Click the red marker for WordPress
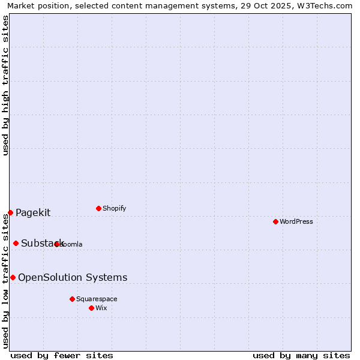pyautogui.click(x=275, y=221)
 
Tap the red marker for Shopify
pyautogui.click(x=98, y=208)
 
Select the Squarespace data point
pyautogui.click(x=72, y=299)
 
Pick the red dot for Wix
pyautogui.click(x=91, y=308)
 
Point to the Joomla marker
pyautogui.click(x=57, y=244)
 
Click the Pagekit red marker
pyautogui.click(x=10, y=212)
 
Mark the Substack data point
pyautogui.click(x=16, y=243)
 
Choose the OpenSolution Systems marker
pyautogui.click(x=13, y=277)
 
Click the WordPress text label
pyautogui.click(x=296, y=221)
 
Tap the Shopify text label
pyautogui.click(x=114, y=208)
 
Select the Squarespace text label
pyautogui.click(x=97, y=299)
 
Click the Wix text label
pyautogui.click(x=101, y=308)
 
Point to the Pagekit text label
pyautogui.click(x=33, y=212)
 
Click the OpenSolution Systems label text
pyautogui.click(x=73, y=277)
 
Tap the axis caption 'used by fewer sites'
pyautogui.click(x=62, y=355)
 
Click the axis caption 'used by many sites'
pyautogui.click(x=301, y=355)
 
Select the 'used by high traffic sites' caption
pyautogui.click(x=5, y=85)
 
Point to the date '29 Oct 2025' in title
pyautogui.click(x=262, y=5)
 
